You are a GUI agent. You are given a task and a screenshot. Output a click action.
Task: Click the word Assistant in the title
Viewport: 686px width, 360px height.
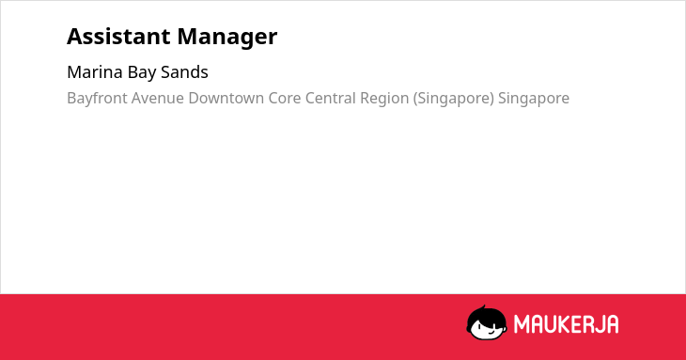coord(119,37)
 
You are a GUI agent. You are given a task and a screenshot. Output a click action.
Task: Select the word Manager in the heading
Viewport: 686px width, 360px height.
coord(227,38)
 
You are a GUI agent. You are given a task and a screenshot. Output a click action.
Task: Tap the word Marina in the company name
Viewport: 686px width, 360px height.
coord(95,72)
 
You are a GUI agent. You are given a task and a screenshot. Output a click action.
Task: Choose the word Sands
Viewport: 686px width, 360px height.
coord(184,72)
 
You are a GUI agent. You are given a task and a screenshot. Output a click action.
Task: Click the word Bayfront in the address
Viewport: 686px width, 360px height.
coord(97,98)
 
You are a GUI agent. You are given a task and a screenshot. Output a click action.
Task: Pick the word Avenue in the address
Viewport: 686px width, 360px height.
coord(158,98)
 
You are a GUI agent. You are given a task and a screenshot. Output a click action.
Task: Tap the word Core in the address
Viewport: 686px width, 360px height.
coord(285,98)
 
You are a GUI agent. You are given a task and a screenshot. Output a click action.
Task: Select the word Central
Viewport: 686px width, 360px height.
coord(330,98)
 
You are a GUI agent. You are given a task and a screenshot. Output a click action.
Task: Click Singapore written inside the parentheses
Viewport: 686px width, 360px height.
coord(454,99)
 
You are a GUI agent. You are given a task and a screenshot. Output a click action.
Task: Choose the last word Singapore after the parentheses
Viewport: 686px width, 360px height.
coord(534,99)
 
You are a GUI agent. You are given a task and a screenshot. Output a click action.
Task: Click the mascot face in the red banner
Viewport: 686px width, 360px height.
coord(487,323)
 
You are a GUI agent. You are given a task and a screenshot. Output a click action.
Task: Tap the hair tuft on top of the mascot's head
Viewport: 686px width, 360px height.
coord(483,308)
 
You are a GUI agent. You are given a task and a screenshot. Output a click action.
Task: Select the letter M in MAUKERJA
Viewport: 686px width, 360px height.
coord(522,324)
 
